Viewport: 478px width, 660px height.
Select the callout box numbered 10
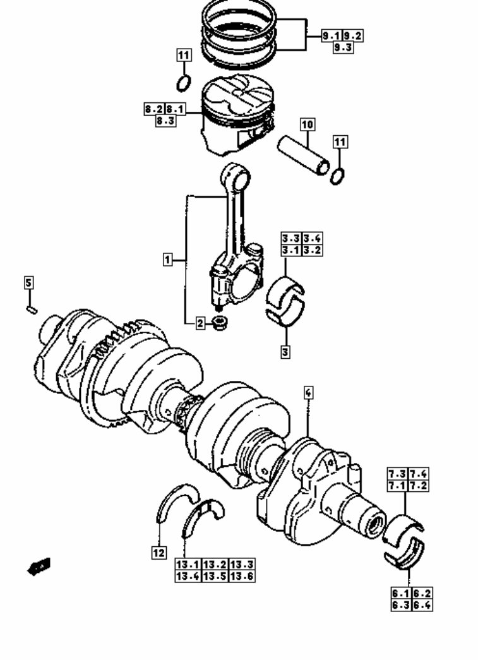pos(306,125)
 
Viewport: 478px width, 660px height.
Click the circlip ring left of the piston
pos(183,83)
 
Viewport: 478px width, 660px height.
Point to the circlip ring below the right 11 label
pos(338,176)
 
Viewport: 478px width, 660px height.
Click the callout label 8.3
pos(165,120)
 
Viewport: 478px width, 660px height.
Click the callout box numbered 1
pos(167,259)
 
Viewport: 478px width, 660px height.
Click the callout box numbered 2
pos(200,324)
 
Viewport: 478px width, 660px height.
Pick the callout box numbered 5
pos(29,282)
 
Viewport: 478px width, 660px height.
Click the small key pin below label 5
pos(32,309)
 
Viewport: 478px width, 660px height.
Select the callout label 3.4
pos(312,238)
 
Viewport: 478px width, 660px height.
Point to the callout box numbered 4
pos(308,393)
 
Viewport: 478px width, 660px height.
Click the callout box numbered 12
pos(158,553)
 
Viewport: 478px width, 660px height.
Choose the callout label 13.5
pos(215,576)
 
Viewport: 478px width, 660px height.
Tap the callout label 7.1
pos(397,486)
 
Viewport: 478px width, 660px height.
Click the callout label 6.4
pos(422,605)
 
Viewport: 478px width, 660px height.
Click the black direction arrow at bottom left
pos(39,567)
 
